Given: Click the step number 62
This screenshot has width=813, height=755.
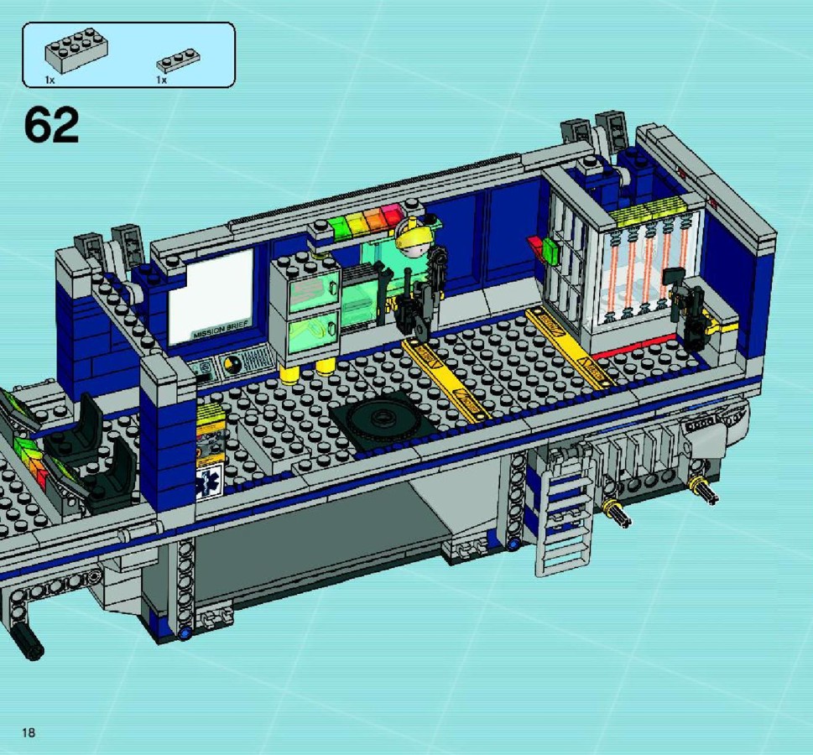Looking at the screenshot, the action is pyautogui.click(x=51, y=125).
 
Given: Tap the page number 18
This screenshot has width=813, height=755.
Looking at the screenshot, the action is pyautogui.click(x=29, y=732).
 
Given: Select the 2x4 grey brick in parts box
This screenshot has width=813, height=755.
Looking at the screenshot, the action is pyautogui.click(x=76, y=49).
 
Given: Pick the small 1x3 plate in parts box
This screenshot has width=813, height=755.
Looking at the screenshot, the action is pyautogui.click(x=179, y=60).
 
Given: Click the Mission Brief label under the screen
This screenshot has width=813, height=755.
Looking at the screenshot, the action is pyautogui.click(x=221, y=330).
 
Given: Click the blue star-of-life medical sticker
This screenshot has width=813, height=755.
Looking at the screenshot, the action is pyautogui.click(x=210, y=481).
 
